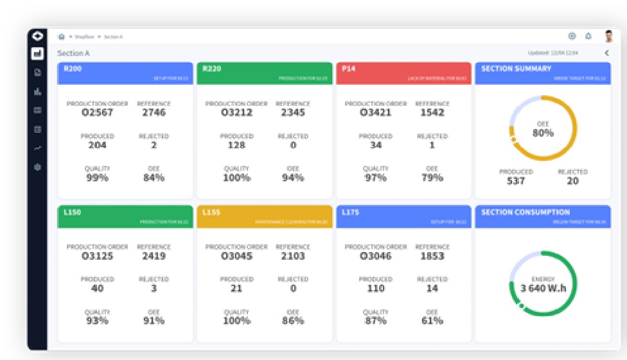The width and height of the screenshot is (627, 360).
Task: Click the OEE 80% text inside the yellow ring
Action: pos(543,132)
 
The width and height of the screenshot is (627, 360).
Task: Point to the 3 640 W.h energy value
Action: pos(543,287)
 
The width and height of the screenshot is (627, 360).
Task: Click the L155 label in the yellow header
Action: pos(211,212)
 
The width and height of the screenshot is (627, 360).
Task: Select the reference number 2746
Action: pos(154,113)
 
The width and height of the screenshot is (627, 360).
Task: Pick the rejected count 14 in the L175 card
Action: pos(432,289)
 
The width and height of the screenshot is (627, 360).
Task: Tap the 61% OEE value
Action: pos(432,321)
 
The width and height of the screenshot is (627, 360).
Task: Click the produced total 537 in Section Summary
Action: pos(515,181)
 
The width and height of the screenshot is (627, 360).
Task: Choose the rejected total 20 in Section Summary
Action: pos(572,181)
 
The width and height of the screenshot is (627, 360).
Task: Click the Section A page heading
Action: pos(73,53)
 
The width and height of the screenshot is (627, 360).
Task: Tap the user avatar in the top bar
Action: pos(608,37)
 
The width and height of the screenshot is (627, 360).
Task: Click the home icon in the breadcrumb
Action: pos(62,37)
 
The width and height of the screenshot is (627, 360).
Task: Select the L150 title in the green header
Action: pos(72,212)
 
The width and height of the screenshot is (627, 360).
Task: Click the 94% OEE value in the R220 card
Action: pos(292,177)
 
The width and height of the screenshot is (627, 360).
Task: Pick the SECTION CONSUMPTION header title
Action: pos(525,212)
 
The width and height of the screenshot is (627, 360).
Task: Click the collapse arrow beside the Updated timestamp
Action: pos(606,53)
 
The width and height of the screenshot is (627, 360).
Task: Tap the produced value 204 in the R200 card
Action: pos(98,145)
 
